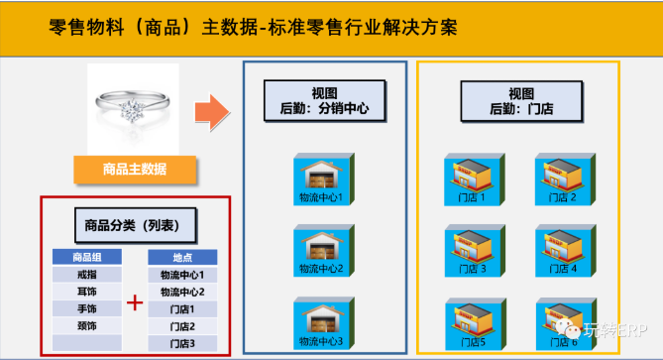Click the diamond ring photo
pos(134,105)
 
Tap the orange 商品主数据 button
pos(134,169)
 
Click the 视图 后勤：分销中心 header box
pos(324,100)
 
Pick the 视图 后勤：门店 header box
pos(520,100)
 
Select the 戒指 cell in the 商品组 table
pos(86,275)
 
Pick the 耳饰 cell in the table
pos(86,292)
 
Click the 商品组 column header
pos(86,257)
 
